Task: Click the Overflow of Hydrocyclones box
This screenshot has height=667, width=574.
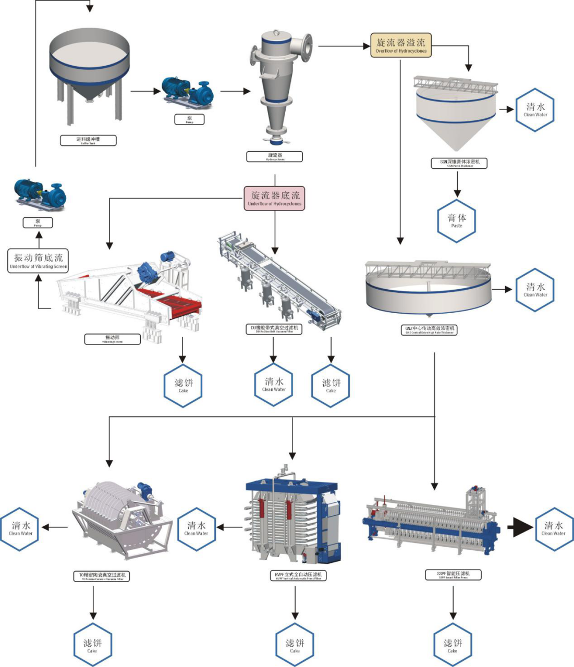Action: coord(401,45)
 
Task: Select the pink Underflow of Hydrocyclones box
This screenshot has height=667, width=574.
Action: coord(274,199)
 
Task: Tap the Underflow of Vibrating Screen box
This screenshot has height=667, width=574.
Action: coord(39,261)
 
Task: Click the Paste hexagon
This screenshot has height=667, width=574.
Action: coord(457,221)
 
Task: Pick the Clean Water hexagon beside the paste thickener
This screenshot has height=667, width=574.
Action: coord(535,110)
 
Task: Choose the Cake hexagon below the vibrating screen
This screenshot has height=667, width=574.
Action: coord(183,386)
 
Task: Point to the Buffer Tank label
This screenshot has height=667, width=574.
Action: coord(88,140)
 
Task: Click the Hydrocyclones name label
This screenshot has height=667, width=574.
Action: coord(275,156)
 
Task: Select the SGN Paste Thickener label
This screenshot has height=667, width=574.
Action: coord(460,163)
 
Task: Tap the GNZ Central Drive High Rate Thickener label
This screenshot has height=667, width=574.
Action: coord(430,330)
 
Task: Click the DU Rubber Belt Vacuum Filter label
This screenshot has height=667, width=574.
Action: coord(274,329)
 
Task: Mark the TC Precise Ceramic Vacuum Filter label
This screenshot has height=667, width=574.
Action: coord(102,576)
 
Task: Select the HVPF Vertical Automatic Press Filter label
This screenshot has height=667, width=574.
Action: coord(299,576)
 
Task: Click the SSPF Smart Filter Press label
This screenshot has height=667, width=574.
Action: coord(453,575)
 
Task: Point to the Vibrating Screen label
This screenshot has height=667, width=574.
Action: coord(113,339)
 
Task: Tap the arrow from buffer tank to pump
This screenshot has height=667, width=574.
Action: coord(146,91)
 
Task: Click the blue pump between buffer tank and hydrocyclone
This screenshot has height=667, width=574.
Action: coord(186,92)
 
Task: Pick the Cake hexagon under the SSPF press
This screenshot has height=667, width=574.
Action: coord(453,645)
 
